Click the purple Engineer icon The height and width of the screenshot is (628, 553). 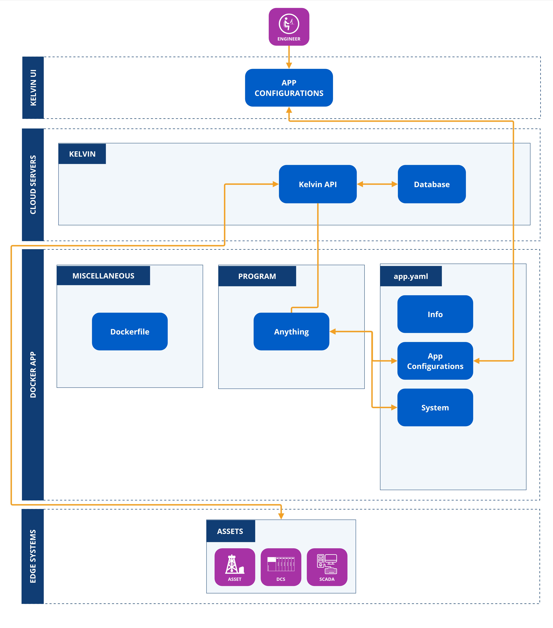point(289,27)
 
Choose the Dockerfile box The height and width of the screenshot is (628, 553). point(130,332)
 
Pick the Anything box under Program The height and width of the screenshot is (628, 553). point(291,332)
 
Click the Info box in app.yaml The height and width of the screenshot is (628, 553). point(435,314)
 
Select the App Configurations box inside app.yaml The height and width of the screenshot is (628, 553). point(435,361)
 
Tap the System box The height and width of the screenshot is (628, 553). point(435,407)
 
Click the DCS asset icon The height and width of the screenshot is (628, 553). point(281,567)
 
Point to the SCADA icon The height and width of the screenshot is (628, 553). point(327,567)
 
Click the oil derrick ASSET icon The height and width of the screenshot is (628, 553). point(235,567)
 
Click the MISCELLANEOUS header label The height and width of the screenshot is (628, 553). point(103,276)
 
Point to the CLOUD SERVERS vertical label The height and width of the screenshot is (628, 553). point(33,185)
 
